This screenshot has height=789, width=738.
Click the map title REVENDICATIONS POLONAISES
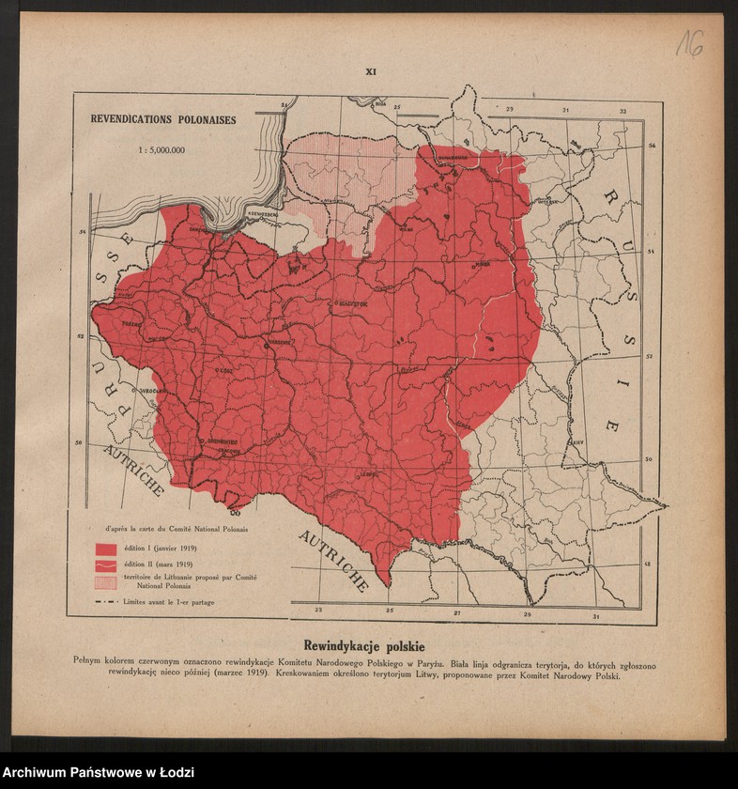coord(162,120)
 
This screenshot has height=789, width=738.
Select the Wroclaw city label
coord(150,390)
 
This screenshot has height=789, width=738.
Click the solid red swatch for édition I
coord(104,548)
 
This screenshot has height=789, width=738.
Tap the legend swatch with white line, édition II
coord(104,565)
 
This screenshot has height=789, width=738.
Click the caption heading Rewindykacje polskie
coord(364,646)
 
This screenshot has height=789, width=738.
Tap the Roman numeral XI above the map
coord(370,71)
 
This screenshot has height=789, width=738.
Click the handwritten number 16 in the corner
coord(690,42)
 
